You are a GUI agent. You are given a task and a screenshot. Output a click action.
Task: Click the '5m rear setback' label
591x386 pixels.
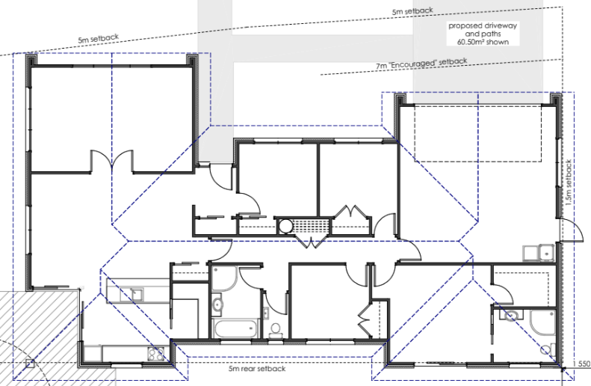pos(257,369)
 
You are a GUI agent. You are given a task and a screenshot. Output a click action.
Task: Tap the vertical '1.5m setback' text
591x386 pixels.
pos(569,183)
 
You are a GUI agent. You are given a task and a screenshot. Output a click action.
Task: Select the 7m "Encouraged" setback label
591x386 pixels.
pos(421,64)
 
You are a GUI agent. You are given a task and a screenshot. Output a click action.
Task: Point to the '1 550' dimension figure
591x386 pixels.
pos(581,364)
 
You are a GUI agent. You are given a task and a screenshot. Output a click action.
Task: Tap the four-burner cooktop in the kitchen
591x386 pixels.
pos(156,354)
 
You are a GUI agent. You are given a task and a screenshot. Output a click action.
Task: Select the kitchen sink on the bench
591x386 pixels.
pos(131,294)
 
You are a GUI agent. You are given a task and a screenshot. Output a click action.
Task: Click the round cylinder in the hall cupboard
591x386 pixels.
pos(285,227)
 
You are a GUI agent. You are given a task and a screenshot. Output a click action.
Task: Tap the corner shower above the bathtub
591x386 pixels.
pos(224,278)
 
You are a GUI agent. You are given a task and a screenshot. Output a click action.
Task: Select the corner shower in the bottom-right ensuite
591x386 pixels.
pos(542,322)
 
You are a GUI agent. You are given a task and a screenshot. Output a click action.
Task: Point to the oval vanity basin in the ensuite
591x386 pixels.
pos(511,315)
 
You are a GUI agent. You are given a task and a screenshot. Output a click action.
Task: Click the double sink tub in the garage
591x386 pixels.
pos(538,253)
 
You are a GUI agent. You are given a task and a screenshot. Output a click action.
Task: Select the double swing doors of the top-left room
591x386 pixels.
pos(111,162)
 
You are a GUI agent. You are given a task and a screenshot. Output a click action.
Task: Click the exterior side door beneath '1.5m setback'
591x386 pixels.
pos(570,230)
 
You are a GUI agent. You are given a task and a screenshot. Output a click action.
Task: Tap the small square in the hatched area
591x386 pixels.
pos(30,364)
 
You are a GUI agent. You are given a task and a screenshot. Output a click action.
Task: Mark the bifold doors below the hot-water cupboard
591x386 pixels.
pos(312,242)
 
